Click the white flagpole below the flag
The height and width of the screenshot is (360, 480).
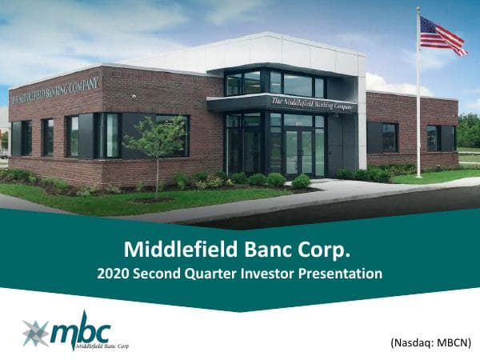[418, 120]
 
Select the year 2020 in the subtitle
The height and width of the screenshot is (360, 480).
[113, 274]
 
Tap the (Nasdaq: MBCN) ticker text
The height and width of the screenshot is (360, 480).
[431, 342]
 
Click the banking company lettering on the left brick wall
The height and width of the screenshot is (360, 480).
[56, 90]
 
